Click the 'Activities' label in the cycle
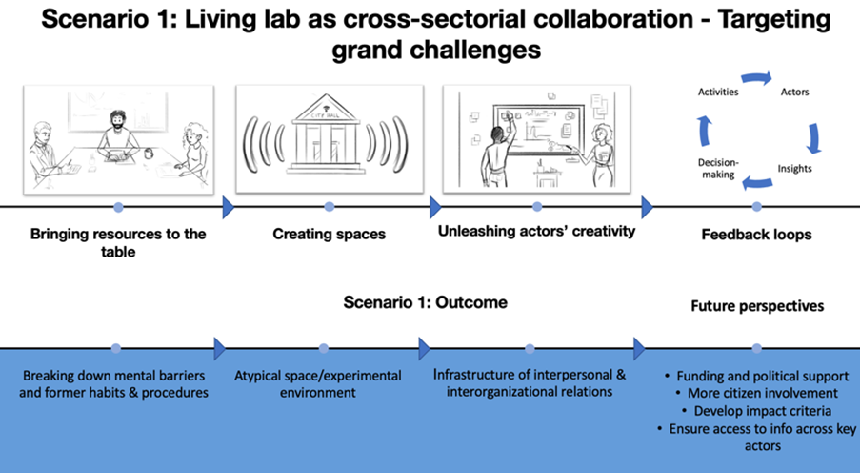point(718,92)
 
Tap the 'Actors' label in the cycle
point(794,92)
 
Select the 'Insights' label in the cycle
point(794,168)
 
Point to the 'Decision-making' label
point(718,169)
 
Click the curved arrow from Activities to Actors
point(757,78)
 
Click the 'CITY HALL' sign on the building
point(326,115)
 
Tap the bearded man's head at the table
point(117,120)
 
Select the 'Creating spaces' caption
point(330,234)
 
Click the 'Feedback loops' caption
point(757,235)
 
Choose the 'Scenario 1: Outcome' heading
point(426,302)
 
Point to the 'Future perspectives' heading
point(757,306)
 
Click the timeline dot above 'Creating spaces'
point(330,207)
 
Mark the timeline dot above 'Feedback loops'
point(757,207)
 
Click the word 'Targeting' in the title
point(774,20)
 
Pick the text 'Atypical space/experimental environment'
point(318,384)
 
